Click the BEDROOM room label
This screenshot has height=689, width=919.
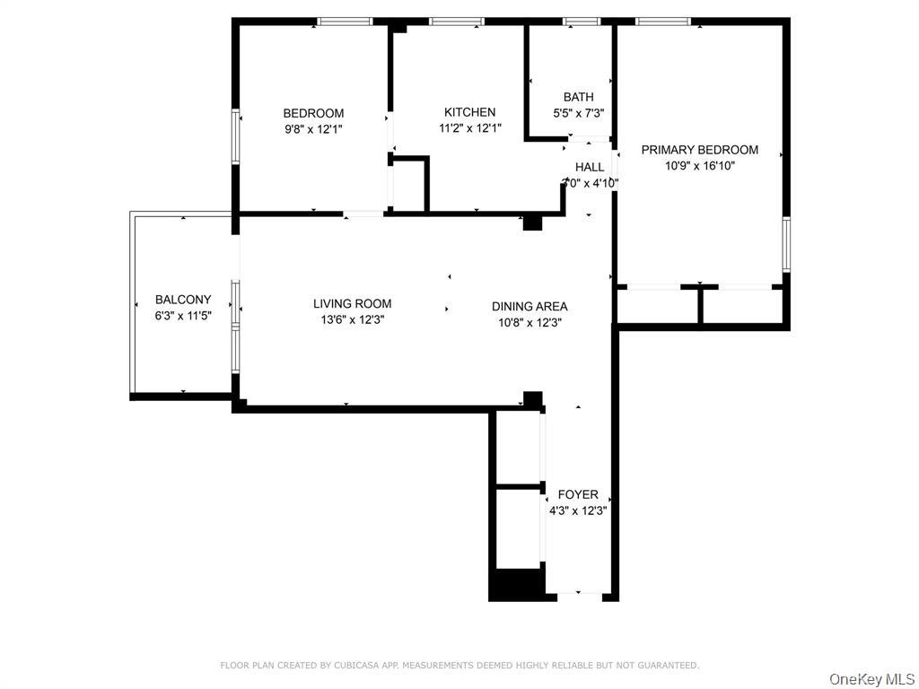click(x=313, y=113)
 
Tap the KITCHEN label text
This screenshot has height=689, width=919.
click(x=469, y=112)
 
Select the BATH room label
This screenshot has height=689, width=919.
click(x=578, y=97)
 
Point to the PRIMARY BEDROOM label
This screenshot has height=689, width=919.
click(x=699, y=150)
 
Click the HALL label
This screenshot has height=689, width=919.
click(x=590, y=167)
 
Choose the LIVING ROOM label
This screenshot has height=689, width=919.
click(x=352, y=303)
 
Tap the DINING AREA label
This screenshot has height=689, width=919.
click(x=529, y=306)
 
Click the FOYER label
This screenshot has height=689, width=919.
click(x=578, y=494)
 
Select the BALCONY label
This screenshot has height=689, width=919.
click(x=183, y=300)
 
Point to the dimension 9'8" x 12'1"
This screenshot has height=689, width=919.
click(x=313, y=129)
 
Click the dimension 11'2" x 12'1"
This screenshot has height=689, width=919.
click(x=469, y=128)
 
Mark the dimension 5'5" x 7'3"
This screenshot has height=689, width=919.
click(x=578, y=113)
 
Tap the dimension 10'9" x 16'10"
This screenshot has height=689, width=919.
click(x=699, y=166)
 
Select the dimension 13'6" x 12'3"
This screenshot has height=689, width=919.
click(x=352, y=319)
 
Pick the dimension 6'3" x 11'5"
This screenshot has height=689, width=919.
click(x=183, y=316)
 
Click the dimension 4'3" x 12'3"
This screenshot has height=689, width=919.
click(x=578, y=510)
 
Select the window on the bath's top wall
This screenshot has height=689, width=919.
click(x=581, y=21)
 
